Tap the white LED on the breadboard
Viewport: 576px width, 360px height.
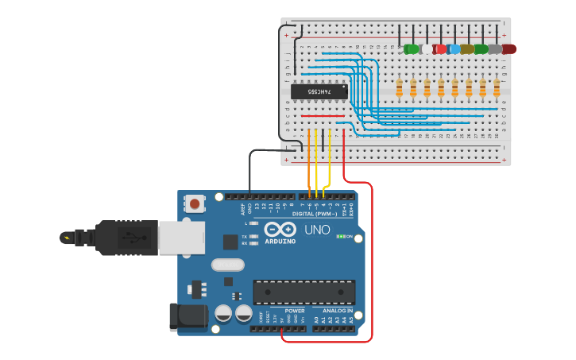pyautogui.click(x=427, y=49)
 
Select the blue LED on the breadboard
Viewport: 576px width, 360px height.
pyautogui.click(x=454, y=49)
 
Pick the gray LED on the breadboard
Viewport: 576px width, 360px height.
pyautogui.click(x=495, y=49)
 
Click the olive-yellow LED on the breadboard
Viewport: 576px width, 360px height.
pyautogui.click(x=467, y=49)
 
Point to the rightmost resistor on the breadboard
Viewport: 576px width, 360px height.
pyautogui.click(x=497, y=87)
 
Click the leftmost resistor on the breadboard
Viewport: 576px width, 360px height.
pyautogui.click(x=399, y=87)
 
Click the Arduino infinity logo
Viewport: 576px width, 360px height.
pyautogui.click(x=280, y=230)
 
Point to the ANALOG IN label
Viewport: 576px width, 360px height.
pyautogui.click(x=338, y=311)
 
